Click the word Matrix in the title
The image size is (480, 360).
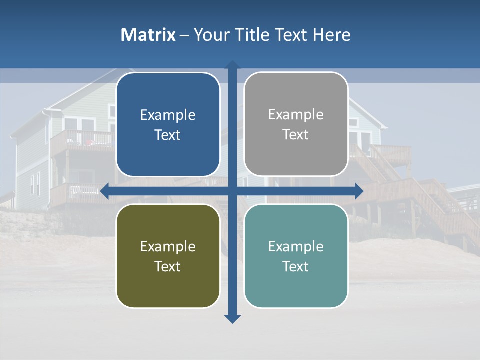pos(148,35)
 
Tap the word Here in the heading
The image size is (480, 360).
pos(331,35)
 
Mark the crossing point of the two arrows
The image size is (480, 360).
pos(232,191)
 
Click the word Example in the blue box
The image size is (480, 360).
pos(168,115)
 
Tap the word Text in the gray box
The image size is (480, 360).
pos(296,135)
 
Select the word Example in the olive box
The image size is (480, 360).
pos(168,247)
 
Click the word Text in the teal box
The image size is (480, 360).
pos(296,266)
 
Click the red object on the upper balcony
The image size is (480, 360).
pos(89,142)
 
